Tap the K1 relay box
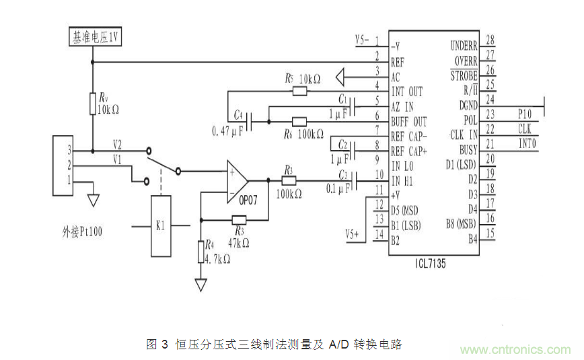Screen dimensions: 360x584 pos(160,225)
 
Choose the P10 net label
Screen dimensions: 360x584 pos(525,114)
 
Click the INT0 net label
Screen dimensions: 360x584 pos(525,143)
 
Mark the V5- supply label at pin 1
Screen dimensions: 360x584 pos(363,40)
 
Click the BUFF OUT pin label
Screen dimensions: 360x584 pos(408,122)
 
